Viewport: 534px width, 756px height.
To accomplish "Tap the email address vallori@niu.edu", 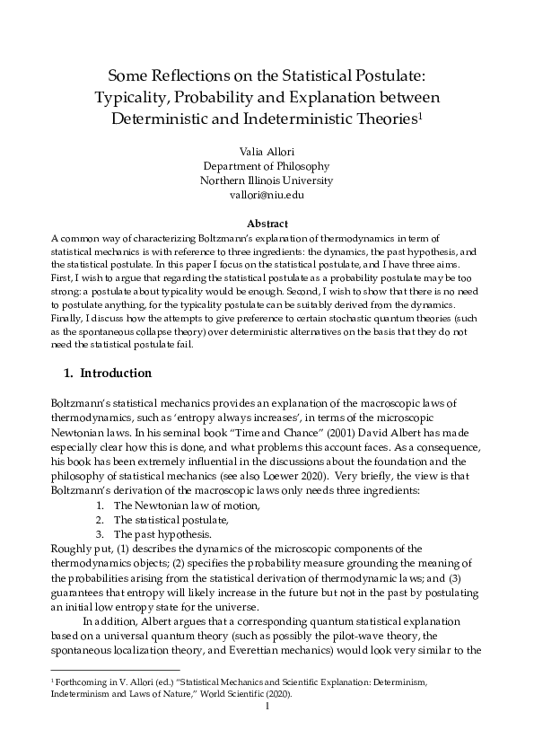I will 267,194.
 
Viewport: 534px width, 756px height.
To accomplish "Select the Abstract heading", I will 267,223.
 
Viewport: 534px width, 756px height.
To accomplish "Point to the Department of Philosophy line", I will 267,165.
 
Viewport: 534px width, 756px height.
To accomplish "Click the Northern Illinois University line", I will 267,180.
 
